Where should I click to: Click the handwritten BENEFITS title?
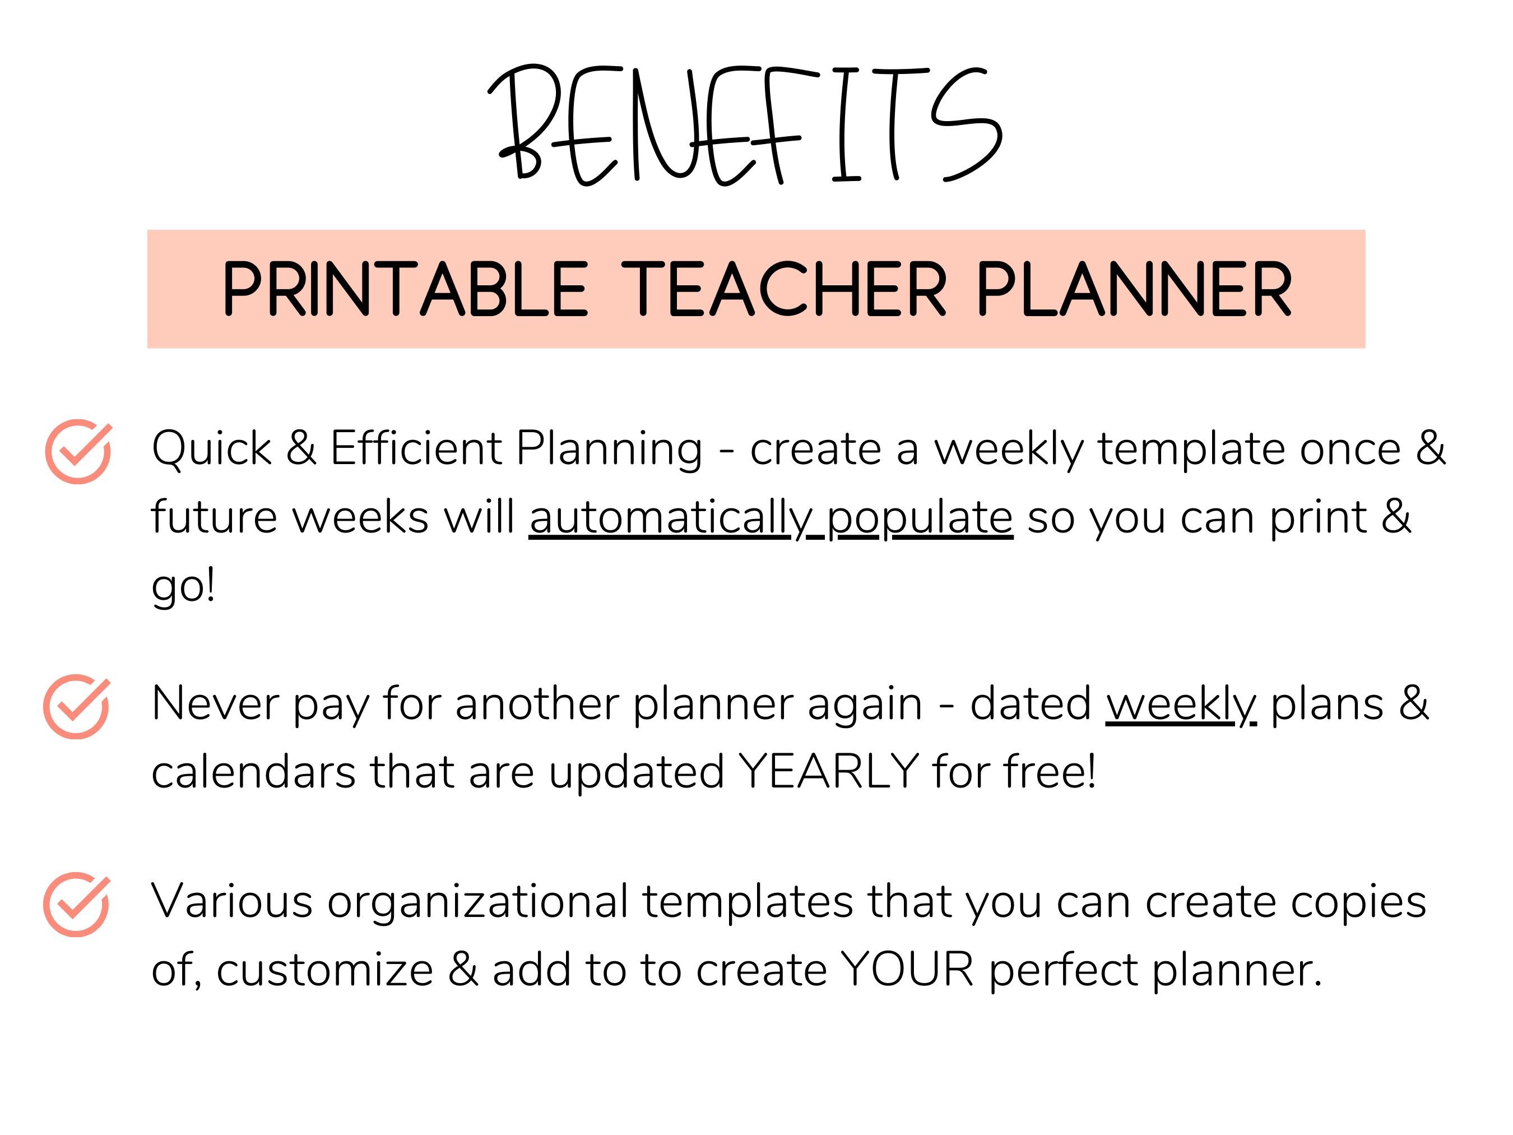745,125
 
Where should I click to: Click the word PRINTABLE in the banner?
405,289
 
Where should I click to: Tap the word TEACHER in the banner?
785,289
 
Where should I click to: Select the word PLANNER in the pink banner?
1134,289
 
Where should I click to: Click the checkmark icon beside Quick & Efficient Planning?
78,452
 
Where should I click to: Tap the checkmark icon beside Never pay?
76,706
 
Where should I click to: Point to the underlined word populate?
920,518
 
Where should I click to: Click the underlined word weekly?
1181,705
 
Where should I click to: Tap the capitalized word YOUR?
907,970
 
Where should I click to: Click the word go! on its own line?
183,586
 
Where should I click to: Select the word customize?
325,970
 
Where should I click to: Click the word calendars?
253,772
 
